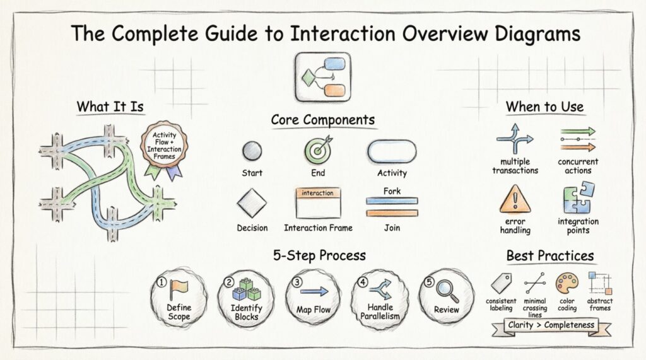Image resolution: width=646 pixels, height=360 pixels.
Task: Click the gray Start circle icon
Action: click(x=252, y=151)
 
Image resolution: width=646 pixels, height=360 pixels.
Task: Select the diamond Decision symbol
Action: click(x=252, y=204)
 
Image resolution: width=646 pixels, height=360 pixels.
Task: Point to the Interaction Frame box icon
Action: click(x=318, y=202)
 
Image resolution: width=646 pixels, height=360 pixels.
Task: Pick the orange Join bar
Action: click(x=391, y=213)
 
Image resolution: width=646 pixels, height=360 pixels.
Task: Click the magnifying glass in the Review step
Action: click(x=447, y=291)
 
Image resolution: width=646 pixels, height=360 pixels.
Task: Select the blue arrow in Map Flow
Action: click(x=314, y=291)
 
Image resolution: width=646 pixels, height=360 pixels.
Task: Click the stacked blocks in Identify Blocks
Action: click(x=246, y=289)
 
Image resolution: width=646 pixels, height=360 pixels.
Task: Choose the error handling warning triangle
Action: click(x=515, y=199)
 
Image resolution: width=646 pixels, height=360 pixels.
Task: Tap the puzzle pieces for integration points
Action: click(x=578, y=199)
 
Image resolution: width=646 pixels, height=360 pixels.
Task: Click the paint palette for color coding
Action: click(x=565, y=283)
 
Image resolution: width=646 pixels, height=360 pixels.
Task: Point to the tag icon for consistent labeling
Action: click(x=501, y=283)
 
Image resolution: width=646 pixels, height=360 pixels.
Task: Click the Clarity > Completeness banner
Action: click(x=551, y=325)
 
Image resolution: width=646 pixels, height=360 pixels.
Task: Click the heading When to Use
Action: click(x=544, y=107)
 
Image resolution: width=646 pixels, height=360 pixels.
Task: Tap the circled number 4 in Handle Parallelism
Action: click(x=363, y=282)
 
